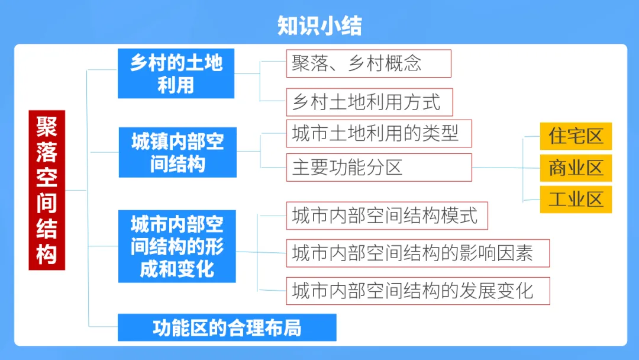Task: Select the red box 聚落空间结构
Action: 47,190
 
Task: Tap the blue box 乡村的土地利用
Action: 176,73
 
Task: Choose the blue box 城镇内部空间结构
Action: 177,152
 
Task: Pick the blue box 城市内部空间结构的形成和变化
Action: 177,246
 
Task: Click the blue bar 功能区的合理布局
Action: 227,327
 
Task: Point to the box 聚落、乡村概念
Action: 368,63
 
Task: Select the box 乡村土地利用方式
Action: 369,102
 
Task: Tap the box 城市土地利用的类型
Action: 379,133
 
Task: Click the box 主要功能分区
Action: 379,167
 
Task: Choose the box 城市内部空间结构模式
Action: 387,216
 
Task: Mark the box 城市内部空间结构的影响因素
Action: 418,253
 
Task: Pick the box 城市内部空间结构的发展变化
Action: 418,291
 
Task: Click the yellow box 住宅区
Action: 576,136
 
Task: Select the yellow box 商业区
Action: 576,168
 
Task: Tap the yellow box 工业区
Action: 576,200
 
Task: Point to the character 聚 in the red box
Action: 47,126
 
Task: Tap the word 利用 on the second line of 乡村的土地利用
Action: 176,85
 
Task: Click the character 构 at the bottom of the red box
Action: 47,255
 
